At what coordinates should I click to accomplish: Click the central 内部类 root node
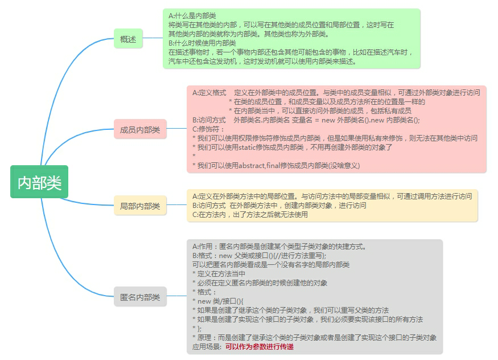(39, 182)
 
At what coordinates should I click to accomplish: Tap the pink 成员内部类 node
(140, 129)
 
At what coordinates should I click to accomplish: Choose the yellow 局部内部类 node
(140, 206)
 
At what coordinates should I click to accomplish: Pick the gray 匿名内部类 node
(140, 297)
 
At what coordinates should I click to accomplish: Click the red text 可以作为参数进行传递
(260, 346)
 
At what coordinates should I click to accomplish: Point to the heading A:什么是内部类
(192, 16)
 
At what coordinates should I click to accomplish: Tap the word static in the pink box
(246, 147)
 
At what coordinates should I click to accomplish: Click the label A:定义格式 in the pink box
(209, 92)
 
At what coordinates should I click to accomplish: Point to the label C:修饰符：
(209, 129)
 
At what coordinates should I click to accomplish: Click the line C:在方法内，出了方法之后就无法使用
(250, 215)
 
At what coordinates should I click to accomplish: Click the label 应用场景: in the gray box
(207, 346)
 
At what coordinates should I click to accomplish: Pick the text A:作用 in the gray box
(203, 247)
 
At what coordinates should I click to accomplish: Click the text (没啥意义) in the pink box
(344, 165)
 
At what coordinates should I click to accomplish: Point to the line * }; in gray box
(196, 328)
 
